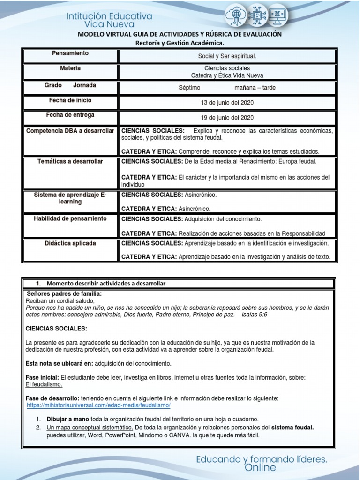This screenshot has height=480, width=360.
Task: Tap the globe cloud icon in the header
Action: point(234,16)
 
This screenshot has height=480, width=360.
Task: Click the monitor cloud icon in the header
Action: point(277,16)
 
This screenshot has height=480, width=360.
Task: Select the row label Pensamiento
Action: point(70,53)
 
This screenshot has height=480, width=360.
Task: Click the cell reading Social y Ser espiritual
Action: point(227,56)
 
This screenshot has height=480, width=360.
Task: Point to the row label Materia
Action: point(70,68)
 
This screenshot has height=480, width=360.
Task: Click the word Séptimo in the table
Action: point(189,87)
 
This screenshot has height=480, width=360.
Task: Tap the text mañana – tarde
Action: point(255,87)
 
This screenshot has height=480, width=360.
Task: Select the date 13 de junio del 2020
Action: point(227,103)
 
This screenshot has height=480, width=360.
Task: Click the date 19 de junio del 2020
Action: point(227,118)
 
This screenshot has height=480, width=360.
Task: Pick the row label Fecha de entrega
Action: point(70,115)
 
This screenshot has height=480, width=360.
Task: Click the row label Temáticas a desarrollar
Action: point(70,161)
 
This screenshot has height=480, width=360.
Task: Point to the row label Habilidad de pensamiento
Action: point(70,218)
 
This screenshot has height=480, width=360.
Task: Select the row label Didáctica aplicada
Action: point(70,243)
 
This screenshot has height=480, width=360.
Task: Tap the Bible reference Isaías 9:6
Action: point(255,315)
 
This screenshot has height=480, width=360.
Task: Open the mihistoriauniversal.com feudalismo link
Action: point(98,405)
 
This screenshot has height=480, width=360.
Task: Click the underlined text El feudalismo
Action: point(44,384)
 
